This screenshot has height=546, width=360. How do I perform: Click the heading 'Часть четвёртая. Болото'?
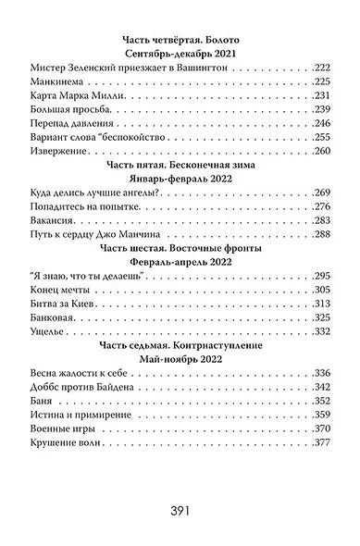(x=181, y=40)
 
